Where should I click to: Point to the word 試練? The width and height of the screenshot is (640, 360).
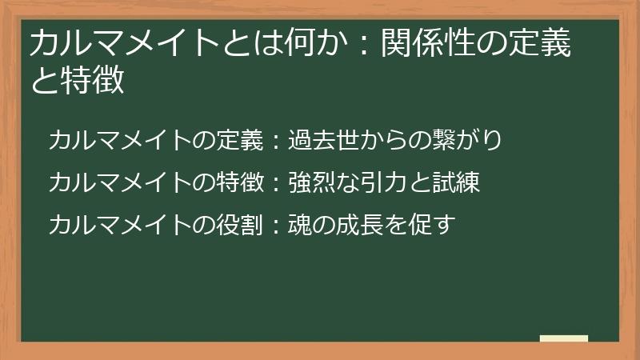click(458, 182)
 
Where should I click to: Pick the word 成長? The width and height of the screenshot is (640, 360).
click(350, 225)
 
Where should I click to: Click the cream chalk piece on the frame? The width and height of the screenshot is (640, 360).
click(564, 339)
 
